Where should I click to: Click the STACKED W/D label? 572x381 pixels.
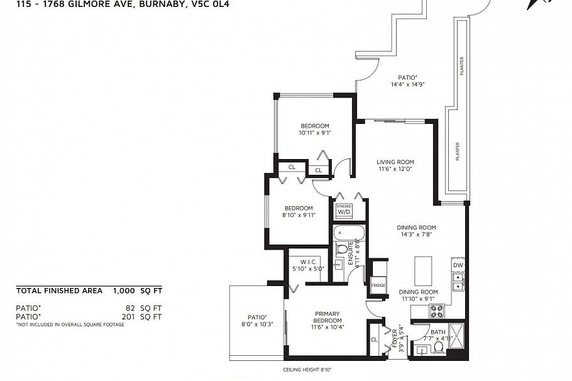[x=344, y=210]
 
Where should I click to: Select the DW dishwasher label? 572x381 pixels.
[x=458, y=265]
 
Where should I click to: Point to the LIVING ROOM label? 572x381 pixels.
[x=396, y=162]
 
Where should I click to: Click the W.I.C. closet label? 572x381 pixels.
[x=307, y=262]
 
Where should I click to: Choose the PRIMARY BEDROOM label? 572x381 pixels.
[x=327, y=317]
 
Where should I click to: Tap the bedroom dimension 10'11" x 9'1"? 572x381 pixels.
[x=314, y=133]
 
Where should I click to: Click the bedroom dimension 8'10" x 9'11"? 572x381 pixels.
[x=298, y=215]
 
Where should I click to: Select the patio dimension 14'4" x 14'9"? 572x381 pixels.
[x=407, y=84]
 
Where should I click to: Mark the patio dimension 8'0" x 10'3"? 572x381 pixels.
[x=256, y=324]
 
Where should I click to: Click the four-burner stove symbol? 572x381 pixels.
[x=437, y=310]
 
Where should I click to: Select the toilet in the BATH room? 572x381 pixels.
[x=438, y=347]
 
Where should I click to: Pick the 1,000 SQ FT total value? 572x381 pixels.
[x=138, y=291]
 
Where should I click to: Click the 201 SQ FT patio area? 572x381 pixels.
[x=144, y=316]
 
